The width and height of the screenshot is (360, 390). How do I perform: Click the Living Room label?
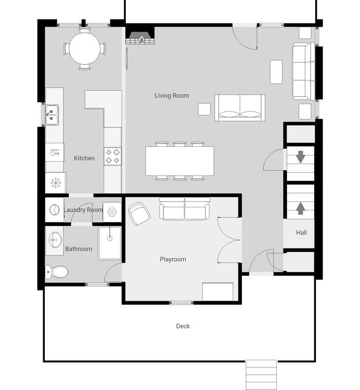(x=172, y=95)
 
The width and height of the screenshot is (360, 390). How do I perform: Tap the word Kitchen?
(x=84, y=158)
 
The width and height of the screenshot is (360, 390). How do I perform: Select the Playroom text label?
(x=173, y=260)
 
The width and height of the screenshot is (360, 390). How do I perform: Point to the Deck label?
(x=183, y=326)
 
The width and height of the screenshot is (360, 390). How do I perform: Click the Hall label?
(x=301, y=232)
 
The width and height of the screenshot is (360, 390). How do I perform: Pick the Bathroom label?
(x=79, y=249)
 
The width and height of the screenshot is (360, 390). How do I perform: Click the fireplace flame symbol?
(x=142, y=38)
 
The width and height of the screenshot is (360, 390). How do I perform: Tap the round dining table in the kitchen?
(x=85, y=48)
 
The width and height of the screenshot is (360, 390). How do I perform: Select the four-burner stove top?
(x=112, y=156)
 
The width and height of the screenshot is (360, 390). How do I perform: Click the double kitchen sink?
(x=52, y=115)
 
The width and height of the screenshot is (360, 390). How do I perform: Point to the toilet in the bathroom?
(x=57, y=271)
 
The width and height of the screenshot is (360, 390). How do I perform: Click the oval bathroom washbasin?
(x=55, y=240)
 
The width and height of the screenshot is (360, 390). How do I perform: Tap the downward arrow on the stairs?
(x=300, y=157)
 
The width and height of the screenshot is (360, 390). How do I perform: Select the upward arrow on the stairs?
(x=300, y=208)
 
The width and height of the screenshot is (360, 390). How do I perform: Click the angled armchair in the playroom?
(x=139, y=213)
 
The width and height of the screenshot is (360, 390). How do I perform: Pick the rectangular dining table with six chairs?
(x=180, y=161)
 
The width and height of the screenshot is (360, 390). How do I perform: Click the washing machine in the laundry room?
(x=54, y=210)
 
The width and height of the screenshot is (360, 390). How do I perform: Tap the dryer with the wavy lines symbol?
(x=112, y=212)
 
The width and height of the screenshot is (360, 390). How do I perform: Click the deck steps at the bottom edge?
(x=261, y=375)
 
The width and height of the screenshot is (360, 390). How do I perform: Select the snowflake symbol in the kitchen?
(x=56, y=183)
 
